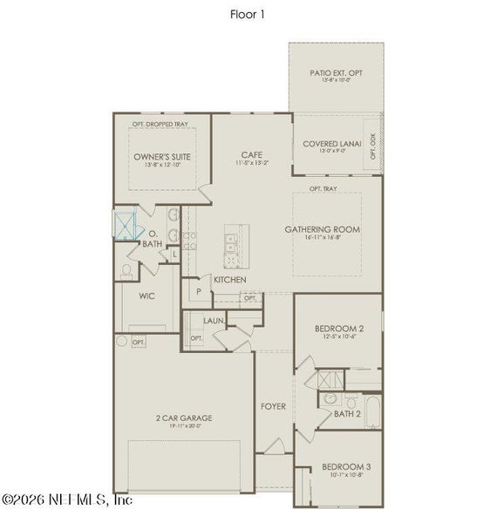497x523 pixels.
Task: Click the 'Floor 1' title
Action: click(248, 14)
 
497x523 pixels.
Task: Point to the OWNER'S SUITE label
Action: click(162, 157)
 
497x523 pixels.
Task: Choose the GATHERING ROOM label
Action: click(323, 230)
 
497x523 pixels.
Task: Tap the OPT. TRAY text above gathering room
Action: click(323, 188)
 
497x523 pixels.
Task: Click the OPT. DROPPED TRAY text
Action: click(160, 124)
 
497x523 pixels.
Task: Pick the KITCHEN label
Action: click(229, 280)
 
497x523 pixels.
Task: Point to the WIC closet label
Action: click(146, 295)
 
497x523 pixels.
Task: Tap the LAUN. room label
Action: click(214, 321)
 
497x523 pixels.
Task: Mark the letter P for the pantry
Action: click(199, 290)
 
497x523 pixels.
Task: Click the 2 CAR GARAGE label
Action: click(179, 418)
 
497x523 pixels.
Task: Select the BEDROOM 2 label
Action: click(337, 329)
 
